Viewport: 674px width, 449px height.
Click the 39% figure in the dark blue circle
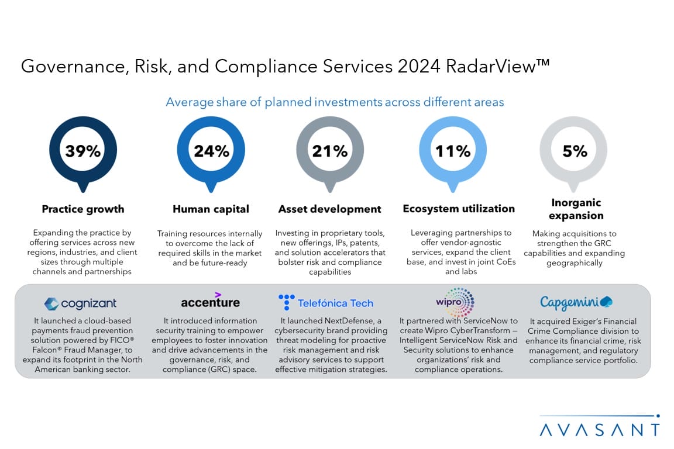tap(82, 151)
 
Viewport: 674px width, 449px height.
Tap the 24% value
tap(211, 151)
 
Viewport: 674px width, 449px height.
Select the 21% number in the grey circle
tap(329, 151)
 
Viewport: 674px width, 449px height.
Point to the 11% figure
tap(452, 151)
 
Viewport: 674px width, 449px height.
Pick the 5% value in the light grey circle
tap(575, 151)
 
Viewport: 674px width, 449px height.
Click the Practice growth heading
tap(83, 209)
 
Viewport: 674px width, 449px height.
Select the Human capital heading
tap(211, 209)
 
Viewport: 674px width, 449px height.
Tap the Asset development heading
tap(329, 209)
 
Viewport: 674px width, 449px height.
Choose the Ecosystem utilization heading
tap(459, 208)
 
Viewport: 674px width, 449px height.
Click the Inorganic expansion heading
tap(576, 209)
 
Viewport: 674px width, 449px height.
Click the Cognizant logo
tap(80, 303)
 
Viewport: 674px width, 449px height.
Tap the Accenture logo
tap(210, 301)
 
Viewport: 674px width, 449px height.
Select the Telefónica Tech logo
tap(326, 303)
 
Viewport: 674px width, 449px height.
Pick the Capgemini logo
tap(576, 302)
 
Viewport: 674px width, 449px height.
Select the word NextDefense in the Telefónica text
tap(351, 320)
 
